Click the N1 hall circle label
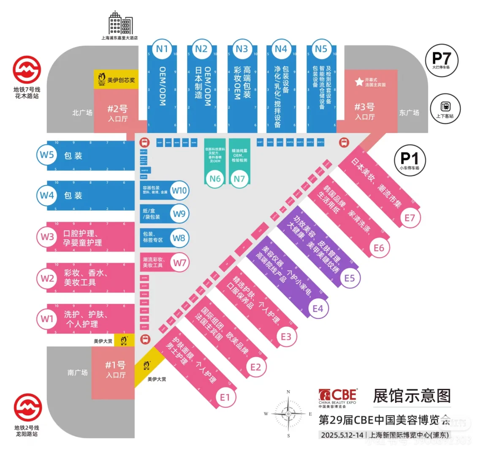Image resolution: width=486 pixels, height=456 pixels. [162, 49]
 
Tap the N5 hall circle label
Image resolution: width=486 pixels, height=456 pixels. [321, 49]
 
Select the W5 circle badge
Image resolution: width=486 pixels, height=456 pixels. [47, 155]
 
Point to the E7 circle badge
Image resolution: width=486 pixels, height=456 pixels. [410, 217]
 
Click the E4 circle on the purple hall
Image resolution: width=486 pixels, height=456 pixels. [318, 309]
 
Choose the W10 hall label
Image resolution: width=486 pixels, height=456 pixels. [179, 190]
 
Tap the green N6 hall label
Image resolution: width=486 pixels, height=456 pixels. [215, 179]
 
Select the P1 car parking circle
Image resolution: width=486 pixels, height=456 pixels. [410, 160]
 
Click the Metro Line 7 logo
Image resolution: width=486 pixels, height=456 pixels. [27, 70]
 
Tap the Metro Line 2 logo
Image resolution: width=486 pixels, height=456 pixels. [27, 408]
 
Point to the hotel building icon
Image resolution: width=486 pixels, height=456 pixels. [120, 23]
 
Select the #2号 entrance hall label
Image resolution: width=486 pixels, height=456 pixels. [117, 113]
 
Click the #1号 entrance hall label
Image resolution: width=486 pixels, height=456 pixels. [115, 369]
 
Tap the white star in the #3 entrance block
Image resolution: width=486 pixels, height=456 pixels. [359, 81]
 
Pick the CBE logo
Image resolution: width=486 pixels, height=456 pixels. [337, 397]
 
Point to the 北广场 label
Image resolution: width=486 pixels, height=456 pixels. [82, 113]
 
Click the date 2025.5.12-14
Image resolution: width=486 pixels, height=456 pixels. [342, 435]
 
